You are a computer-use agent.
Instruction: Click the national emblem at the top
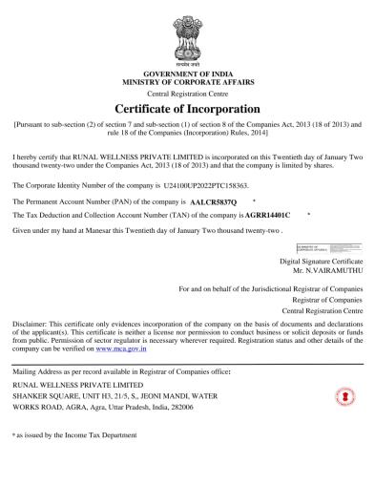186,34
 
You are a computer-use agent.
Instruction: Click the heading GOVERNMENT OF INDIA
186,74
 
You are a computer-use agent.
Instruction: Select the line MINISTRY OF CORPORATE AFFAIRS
186,82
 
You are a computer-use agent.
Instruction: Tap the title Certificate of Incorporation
186,109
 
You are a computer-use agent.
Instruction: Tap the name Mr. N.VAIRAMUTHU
333,270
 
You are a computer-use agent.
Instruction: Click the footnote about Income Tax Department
74,434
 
